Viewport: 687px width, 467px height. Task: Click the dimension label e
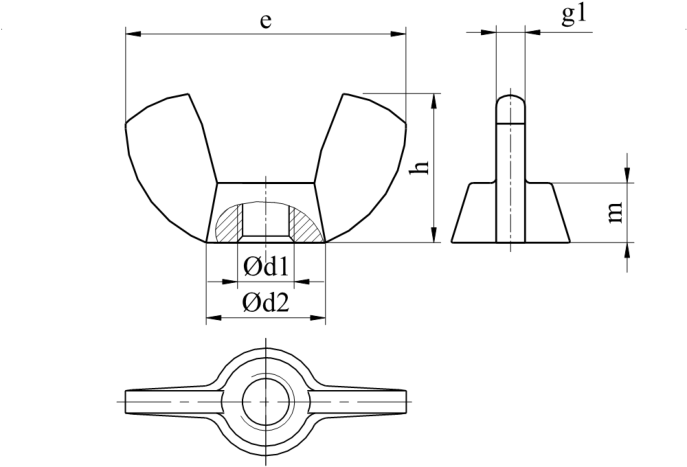click(x=265, y=21)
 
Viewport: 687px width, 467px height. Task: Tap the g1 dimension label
click(x=574, y=15)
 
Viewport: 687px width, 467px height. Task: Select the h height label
click(x=419, y=167)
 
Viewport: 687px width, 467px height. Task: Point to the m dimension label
click(x=615, y=212)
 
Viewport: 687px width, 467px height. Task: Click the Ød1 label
click(x=266, y=266)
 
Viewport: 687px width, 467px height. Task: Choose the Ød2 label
click(x=266, y=302)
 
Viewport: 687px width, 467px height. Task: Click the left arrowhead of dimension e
click(x=133, y=34)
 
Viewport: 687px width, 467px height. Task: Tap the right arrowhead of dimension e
click(x=398, y=34)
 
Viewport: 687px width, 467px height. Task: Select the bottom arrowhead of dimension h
click(x=434, y=234)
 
